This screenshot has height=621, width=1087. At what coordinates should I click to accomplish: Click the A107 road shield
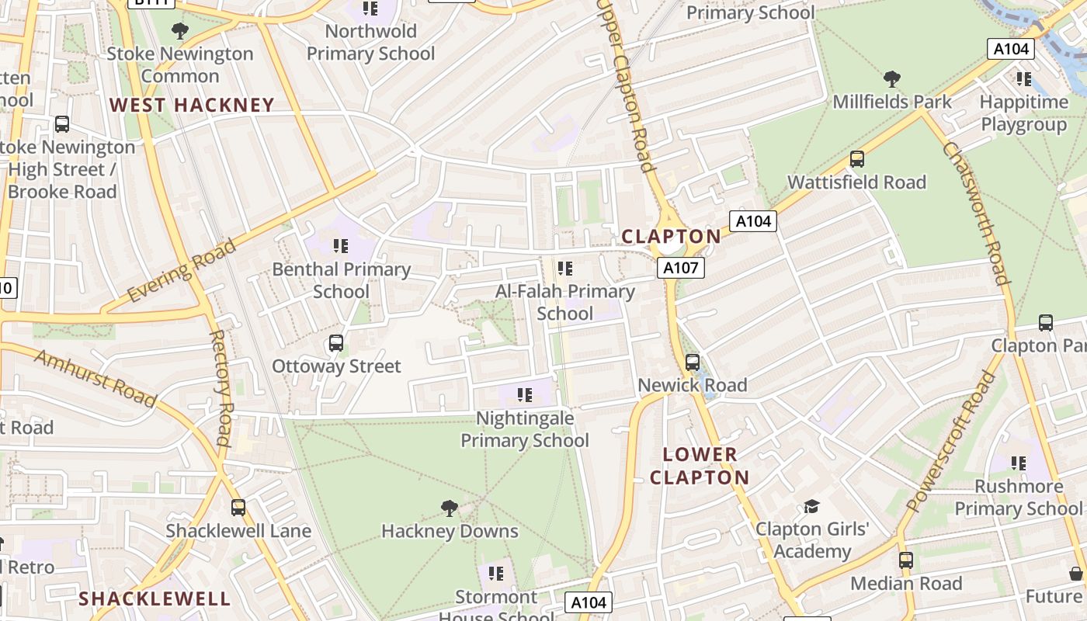pos(681,269)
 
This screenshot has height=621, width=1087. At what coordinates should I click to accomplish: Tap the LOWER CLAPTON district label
pos(700,466)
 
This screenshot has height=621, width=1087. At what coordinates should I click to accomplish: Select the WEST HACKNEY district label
pos(192,105)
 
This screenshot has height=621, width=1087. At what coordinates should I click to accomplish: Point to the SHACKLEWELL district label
pos(155,598)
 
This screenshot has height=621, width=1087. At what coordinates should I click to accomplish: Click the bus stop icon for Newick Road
pos(693,363)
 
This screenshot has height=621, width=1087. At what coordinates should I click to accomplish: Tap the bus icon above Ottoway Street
pos(336,343)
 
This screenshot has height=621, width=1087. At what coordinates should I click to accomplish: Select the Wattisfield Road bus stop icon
pos(857,159)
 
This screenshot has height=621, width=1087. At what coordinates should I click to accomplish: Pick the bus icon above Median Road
pos(906,560)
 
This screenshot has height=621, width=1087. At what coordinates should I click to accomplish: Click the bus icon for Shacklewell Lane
pos(238,508)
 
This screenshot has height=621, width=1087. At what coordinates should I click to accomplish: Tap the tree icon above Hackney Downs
pos(449,508)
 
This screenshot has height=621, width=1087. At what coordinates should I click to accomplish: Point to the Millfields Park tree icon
pos(892,78)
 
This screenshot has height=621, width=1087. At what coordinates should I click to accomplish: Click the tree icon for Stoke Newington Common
pos(180,31)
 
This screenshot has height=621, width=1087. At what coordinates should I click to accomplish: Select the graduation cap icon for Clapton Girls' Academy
pos(811,506)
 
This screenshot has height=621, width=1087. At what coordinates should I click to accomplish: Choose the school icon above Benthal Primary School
pos(341,246)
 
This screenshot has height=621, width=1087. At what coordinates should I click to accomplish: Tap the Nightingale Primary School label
pos(525,429)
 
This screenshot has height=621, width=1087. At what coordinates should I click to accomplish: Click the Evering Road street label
pos(182,271)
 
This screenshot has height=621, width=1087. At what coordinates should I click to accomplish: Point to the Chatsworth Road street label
pos(976,213)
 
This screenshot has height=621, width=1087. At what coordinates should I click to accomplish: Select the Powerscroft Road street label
pos(951,442)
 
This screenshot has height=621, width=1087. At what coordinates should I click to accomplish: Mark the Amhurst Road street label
pos(96,377)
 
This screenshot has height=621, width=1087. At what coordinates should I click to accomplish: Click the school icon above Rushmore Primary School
pos(1019,463)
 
